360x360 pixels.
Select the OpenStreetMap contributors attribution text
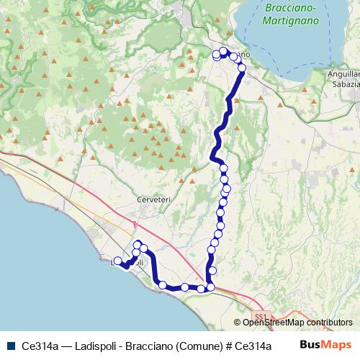click(297, 323)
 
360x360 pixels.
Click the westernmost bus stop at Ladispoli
click(118, 261)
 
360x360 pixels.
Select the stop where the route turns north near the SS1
click(211, 288)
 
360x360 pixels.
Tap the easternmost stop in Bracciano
click(242, 68)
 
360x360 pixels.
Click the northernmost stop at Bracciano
click(223, 51)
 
